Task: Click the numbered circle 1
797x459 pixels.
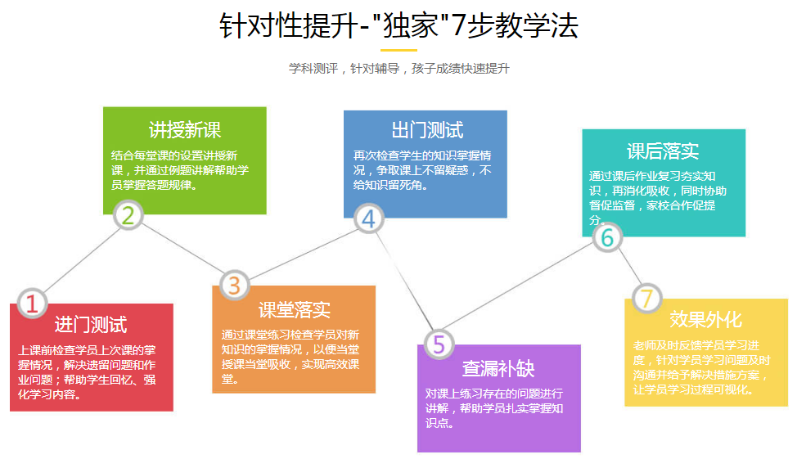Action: click(x=32, y=303)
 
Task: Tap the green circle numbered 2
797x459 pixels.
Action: click(x=128, y=215)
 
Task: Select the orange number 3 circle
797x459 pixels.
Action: click(x=234, y=286)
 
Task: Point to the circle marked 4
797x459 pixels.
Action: click(x=368, y=218)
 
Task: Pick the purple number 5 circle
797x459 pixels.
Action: click(x=439, y=344)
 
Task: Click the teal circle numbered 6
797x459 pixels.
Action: click(x=607, y=237)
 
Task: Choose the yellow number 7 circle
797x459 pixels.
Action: click(x=646, y=298)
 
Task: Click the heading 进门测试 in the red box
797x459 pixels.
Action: click(x=91, y=325)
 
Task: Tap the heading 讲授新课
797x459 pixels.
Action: click(x=185, y=130)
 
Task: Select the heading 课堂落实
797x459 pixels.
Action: click(x=295, y=309)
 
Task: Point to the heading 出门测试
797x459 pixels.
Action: click(x=427, y=130)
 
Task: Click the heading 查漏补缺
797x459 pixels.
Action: click(x=498, y=368)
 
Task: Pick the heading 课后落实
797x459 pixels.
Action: click(x=663, y=151)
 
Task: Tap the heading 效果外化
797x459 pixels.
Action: click(x=705, y=319)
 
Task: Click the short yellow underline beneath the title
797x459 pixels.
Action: click(x=399, y=51)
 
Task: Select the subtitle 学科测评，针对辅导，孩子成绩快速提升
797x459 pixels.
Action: click(x=399, y=69)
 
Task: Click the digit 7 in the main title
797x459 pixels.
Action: click(x=458, y=25)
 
